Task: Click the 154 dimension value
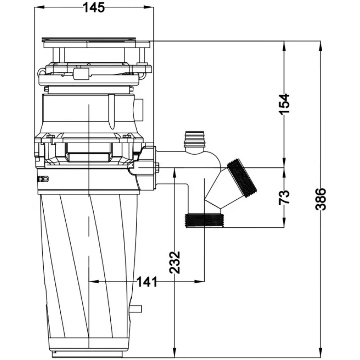tap(284, 104)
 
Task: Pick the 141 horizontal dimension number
tap(146, 282)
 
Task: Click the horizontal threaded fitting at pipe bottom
tap(204, 220)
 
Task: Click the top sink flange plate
tap(90, 40)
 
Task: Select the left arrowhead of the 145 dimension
tap(38, 8)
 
